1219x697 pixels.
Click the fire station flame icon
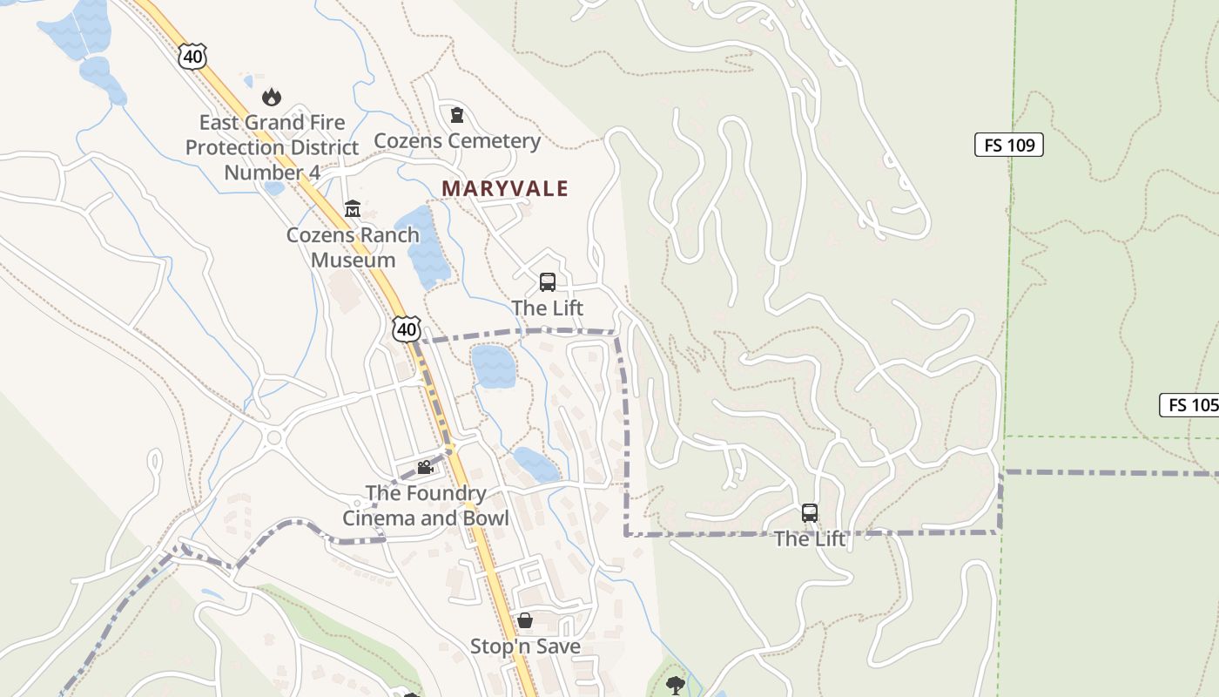(272, 97)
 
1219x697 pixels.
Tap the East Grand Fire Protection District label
(272, 147)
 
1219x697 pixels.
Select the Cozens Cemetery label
(457, 140)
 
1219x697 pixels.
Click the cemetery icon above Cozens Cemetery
(456, 114)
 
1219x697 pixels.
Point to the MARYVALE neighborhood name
(505, 188)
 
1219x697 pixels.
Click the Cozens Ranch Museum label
(353, 247)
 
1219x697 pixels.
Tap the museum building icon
(353, 208)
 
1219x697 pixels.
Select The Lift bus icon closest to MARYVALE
(547, 281)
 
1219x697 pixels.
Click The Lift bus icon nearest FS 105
(810, 513)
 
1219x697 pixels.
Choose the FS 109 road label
(1008, 145)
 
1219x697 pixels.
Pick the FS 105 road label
(1190, 404)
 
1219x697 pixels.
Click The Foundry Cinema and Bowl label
(425, 505)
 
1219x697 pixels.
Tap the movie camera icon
(425, 468)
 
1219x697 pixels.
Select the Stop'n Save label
(525, 646)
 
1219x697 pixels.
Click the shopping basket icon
(525, 620)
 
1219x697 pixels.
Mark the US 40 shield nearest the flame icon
(192, 58)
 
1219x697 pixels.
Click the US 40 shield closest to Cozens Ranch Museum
(407, 328)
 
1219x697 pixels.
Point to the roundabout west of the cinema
(275, 437)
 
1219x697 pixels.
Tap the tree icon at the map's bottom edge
(675, 685)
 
